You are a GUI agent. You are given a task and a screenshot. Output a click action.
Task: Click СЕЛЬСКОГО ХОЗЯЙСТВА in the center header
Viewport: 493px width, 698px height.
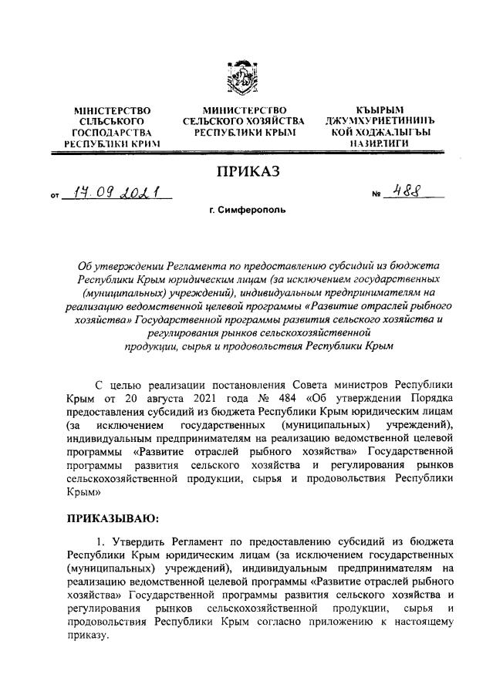[244, 122]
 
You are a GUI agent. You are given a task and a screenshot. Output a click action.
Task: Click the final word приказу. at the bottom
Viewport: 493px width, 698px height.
[89, 638]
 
